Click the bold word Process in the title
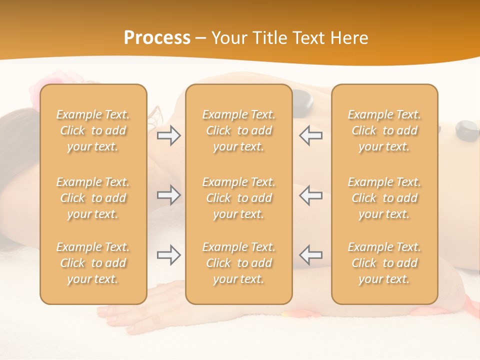click(157, 38)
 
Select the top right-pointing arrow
click(168, 135)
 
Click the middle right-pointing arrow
click(168, 195)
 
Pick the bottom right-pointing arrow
click(168, 255)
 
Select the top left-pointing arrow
click(311, 135)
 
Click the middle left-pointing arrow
click(311, 195)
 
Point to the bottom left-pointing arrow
click(311, 255)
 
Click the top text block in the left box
click(93, 130)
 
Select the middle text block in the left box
click(93, 198)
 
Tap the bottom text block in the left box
click(93, 263)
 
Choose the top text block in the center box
click(238, 130)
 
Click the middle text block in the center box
click(238, 198)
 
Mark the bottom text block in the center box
click(238, 263)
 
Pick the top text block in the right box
click(384, 130)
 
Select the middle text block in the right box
click(384, 198)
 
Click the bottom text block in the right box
click(384, 263)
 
